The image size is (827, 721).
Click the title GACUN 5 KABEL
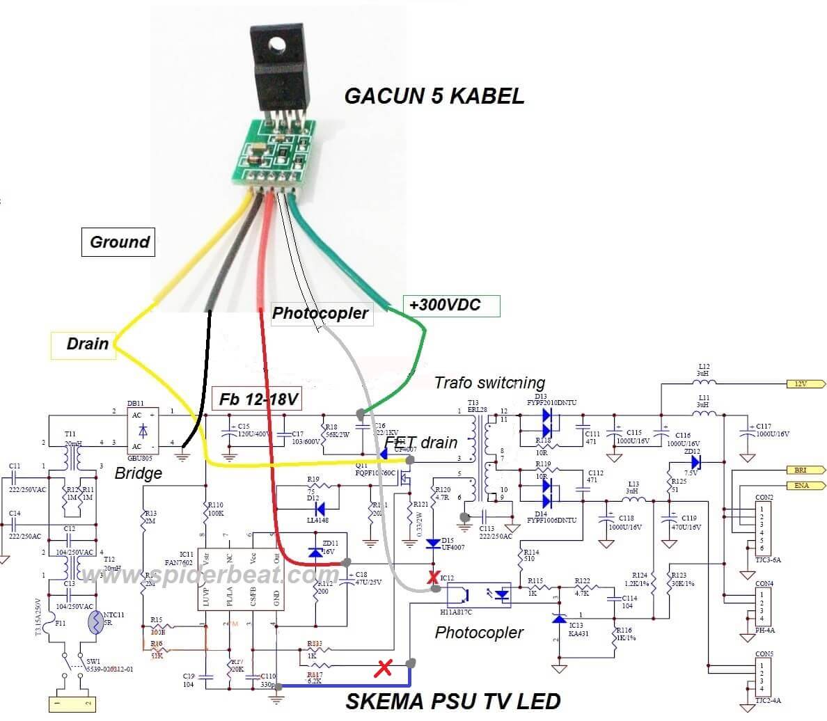(434, 95)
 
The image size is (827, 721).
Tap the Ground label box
(119, 242)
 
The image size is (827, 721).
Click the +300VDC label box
(451, 305)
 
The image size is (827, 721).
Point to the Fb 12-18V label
(258, 399)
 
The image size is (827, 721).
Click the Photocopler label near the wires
(320, 313)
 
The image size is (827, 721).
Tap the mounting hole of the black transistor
(277, 45)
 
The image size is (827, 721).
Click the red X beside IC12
(434, 577)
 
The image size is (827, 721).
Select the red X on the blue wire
(382, 669)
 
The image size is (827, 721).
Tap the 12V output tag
(805, 384)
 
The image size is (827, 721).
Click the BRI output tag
(805, 470)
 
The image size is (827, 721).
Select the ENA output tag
(805, 485)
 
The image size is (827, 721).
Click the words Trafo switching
(489, 382)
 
